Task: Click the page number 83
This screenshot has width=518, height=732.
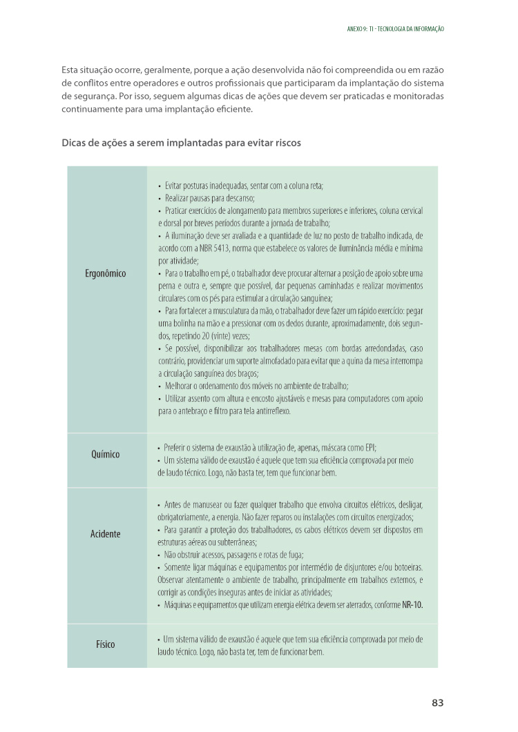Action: pyautogui.click(x=437, y=703)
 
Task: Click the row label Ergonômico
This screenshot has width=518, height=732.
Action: pyautogui.click(x=106, y=273)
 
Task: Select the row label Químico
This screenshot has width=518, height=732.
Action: pyautogui.click(x=106, y=455)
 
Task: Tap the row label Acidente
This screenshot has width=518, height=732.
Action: pyautogui.click(x=106, y=534)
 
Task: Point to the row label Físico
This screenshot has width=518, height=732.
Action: pyautogui.click(x=106, y=645)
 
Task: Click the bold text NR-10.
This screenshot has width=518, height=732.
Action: pyautogui.click(x=412, y=605)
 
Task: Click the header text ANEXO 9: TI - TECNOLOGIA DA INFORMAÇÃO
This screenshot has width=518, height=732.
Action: pyautogui.click(x=394, y=29)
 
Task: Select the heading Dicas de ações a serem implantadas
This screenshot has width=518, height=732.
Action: pyautogui.click(x=181, y=143)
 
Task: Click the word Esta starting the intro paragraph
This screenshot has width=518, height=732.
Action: pyautogui.click(x=69, y=70)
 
